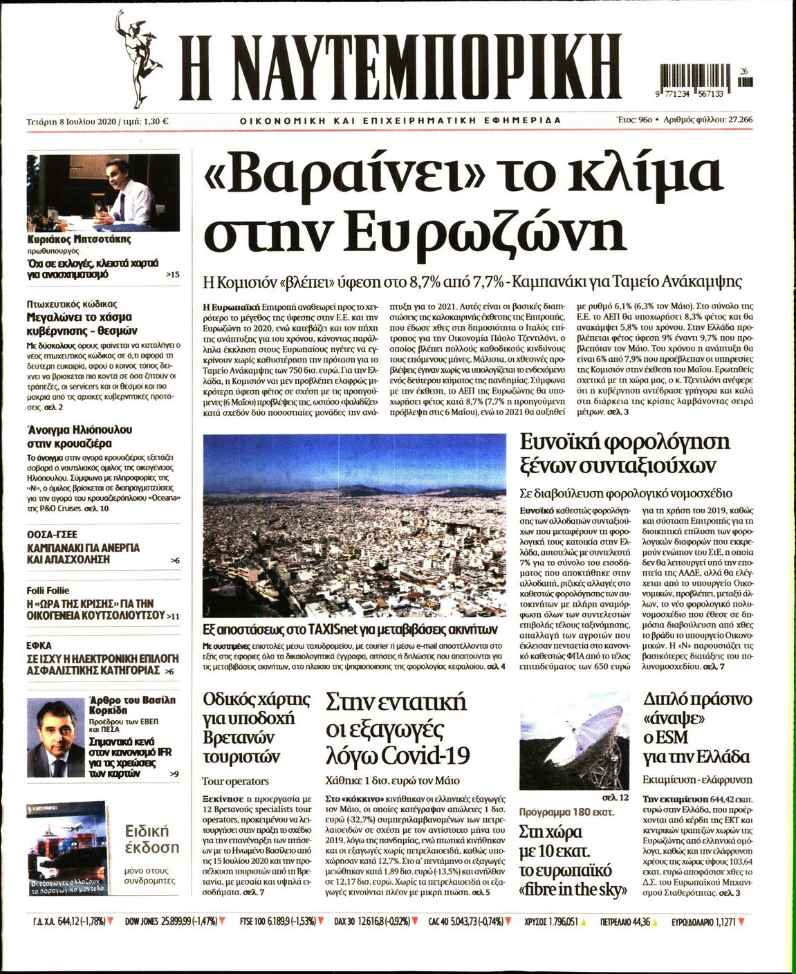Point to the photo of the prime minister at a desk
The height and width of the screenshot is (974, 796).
click(x=102, y=193)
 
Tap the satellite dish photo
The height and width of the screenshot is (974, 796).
click(x=573, y=750)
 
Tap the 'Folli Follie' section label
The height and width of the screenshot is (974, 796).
click(x=49, y=591)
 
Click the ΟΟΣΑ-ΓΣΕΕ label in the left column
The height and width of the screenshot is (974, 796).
click(x=52, y=534)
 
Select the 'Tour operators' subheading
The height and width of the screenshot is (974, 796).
click(x=235, y=781)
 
